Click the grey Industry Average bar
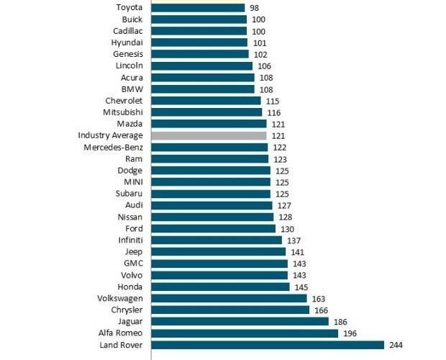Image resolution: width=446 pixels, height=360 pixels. (x=209, y=135)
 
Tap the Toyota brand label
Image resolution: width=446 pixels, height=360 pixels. (x=129, y=7)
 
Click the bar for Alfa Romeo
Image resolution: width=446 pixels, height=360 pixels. (x=245, y=333)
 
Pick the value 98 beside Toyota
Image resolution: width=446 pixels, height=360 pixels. (x=255, y=7)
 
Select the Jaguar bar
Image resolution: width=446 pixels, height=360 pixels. (x=240, y=321)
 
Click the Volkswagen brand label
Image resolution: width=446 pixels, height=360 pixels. (x=120, y=298)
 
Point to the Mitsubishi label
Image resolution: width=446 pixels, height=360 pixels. (x=123, y=112)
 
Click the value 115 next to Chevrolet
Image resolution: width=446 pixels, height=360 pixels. (x=272, y=101)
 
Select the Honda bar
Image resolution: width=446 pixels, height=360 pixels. (x=221, y=287)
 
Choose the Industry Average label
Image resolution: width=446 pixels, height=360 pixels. (x=110, y=135)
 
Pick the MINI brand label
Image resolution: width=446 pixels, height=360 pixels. (x=133, y=182)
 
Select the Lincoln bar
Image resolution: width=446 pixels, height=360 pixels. (x=202, y=66)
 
